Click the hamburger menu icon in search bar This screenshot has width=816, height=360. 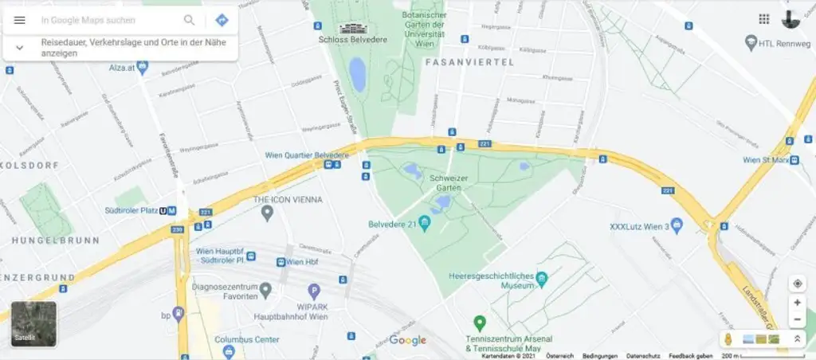pyautogui.click(x=20, y=20)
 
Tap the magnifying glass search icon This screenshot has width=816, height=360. pyautogui.click(x=190, y=20)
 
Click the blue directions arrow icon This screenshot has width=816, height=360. pyautogui.click(x=222, y=20)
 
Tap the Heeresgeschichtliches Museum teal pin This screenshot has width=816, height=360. pyautogui.click(x=542, y=280)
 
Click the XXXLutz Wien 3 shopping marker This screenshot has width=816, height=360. pyautogui.click(x=677, y=225)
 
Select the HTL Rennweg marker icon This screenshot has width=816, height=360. pyautogui.click(x=750, y=41)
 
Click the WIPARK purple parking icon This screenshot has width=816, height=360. pyautogui.click(x=314, y=292)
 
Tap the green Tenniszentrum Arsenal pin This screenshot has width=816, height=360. pyautogui.click(x=479, y=323)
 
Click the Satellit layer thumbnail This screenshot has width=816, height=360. pyautogui.click(x=33, y=323)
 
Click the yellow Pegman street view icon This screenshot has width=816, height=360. pyautogui.click(x=728, y=338)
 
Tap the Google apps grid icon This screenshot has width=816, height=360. pyautogui.click(x=763, y=19)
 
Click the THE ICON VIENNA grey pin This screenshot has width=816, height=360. pyautogui.click(x=268, y=213)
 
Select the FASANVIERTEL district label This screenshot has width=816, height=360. pyautogui.click(x=469, y=61)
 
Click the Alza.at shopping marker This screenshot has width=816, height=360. pyautogui.click(x=143, y=67)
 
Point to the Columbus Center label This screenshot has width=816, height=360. pyautogui.click(x=246, y=339)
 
